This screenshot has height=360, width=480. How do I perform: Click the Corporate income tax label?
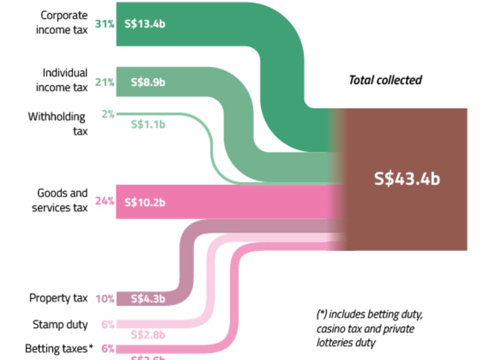point(62,23)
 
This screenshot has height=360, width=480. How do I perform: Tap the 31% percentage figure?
point(104,25)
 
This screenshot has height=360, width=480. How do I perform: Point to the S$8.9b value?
point(148,82)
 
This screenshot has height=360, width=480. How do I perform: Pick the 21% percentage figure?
point(104,82)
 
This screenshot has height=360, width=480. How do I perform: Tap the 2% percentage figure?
point(108,114)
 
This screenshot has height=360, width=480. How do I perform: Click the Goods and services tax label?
point(60,200)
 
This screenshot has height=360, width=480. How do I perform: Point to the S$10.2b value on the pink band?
point(145,202)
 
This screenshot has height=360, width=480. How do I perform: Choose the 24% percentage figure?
point(104,202)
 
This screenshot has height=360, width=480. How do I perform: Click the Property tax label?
point(58,298)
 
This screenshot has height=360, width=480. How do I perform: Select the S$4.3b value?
point(148,299)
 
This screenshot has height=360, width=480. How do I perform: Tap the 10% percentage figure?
point(105,299)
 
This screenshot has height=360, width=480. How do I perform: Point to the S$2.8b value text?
point(148,335)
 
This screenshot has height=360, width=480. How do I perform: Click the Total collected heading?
point(385,80)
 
